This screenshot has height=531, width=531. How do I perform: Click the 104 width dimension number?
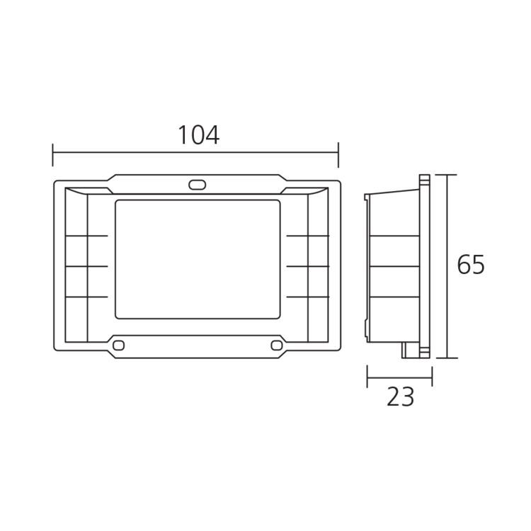tap(198, 135)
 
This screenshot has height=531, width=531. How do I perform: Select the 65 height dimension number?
tap(471, 265)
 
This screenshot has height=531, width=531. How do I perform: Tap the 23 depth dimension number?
tap(400, 397)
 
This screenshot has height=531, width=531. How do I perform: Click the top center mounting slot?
tap(197, 185)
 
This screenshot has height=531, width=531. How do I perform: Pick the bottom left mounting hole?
tap(118, 346)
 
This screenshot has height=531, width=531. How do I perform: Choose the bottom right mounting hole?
tap(277, 346)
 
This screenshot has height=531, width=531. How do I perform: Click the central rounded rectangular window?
tap(198, 259)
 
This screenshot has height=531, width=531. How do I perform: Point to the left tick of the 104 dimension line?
tap(52, 155)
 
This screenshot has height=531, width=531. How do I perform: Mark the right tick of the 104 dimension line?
tap(338, 155)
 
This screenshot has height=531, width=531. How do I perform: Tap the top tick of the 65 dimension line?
tap(446, 175)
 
